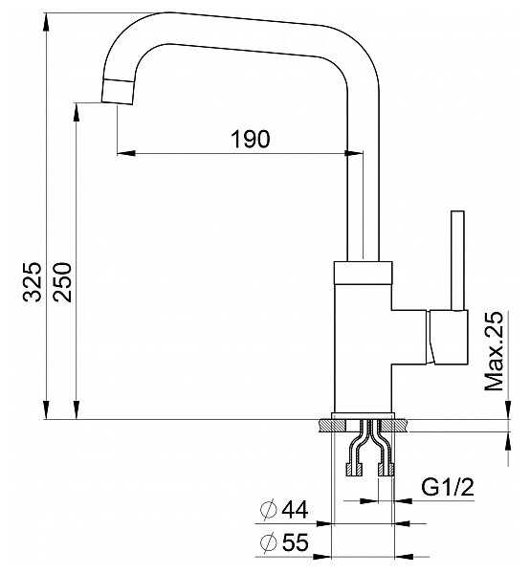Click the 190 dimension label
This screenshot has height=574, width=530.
251,139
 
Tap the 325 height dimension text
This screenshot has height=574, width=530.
33,281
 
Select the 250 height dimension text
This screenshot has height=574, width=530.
62,282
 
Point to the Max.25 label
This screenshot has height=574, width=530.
494,351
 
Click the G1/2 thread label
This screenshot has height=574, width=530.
448,487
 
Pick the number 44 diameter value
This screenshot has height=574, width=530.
295,509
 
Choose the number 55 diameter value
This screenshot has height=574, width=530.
295,542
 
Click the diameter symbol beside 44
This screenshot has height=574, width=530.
268,509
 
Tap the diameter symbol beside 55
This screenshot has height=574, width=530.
268,542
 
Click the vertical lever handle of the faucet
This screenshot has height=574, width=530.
457,260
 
